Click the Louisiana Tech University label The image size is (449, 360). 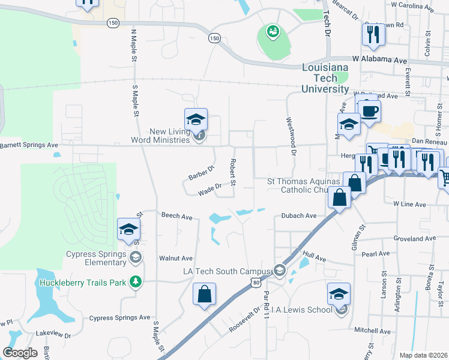tap(325, 79)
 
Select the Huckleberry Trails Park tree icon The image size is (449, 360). tap(136, 282)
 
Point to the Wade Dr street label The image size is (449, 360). tap(210, 190)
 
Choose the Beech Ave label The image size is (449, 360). tap(176, 215)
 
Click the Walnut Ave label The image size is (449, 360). tap(175, 258)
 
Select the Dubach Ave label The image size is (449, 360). tap(298, 216)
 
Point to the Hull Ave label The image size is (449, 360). tap(314, 257)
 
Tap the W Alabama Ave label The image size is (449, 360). tap(380, 61)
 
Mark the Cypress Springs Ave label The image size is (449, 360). tap(119, 317)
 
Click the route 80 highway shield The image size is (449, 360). tap(256, 283)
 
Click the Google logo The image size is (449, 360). tap(20, 353)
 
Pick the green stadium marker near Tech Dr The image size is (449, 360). tap(273, 30)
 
